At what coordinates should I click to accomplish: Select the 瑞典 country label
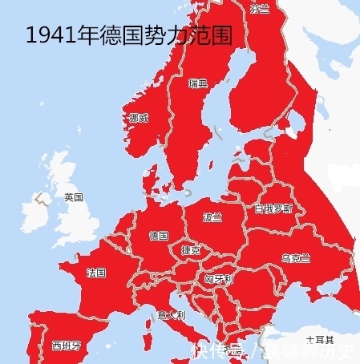[198, 83]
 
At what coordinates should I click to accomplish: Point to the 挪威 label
[139, 118]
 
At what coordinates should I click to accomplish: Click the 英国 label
[74, 197]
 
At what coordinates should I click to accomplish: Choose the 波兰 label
[212, 216]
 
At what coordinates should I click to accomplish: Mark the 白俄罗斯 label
[273, 208]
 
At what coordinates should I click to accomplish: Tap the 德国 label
[159, 236]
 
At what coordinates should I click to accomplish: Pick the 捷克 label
[191, 251]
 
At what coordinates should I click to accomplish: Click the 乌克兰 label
[295, 257]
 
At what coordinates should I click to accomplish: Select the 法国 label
[96, 273]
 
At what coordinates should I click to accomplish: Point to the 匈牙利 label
[218, 278]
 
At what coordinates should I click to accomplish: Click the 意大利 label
[172, 315]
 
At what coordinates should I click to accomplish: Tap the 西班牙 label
[67, 346]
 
